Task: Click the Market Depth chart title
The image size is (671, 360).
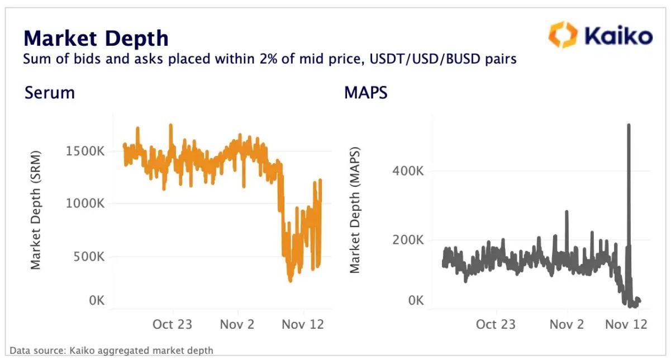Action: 96,38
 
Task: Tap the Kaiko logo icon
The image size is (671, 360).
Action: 562,35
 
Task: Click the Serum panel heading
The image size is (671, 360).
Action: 49,92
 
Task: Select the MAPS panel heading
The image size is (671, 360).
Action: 366,92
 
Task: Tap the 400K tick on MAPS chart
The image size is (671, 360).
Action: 409,171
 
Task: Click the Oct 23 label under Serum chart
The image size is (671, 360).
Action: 173,324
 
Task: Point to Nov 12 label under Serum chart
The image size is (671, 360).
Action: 303,324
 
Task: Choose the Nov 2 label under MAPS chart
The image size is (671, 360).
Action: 567,324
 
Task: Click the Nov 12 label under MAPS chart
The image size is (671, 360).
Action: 626,324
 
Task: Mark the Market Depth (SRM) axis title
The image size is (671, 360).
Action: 36,210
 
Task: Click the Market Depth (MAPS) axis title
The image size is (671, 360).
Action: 355,210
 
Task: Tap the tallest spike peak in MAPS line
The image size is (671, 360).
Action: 629,125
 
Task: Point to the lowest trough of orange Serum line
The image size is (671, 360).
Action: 290,280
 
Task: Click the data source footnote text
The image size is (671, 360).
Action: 111,350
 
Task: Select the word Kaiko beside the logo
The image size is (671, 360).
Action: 618,36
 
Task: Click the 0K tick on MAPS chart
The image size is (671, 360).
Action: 416,301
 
